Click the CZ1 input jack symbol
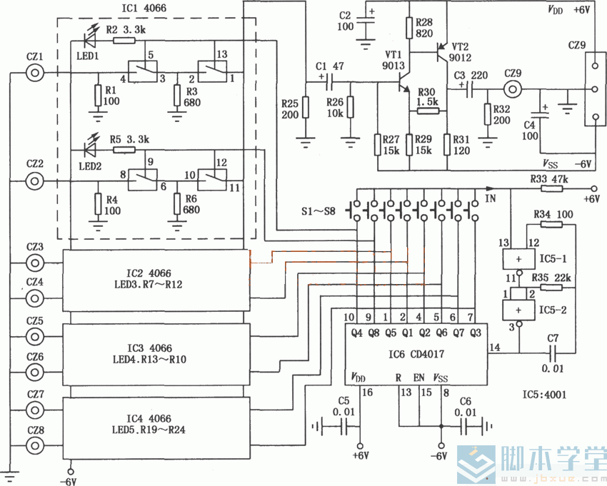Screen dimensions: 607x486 point(35,72)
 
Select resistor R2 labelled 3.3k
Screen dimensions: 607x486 point(124,40)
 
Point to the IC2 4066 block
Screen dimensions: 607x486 point(156,280)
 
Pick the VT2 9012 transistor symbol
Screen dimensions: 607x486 point(443,51)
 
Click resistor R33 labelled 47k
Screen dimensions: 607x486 point(551,189)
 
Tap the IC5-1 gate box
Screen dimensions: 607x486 point(518,259)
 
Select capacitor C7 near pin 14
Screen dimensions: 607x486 point(553,353)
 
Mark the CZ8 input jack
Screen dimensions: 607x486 point(35,446)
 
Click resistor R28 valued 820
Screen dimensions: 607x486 point(410,28)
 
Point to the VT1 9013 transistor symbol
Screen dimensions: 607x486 point(403,82)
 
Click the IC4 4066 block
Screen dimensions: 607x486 point(156,428)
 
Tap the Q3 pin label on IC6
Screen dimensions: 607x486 point(475,333)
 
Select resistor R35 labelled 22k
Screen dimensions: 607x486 point(551,287)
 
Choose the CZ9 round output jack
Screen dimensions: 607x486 point(513,89)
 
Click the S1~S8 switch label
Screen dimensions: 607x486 point(318,211)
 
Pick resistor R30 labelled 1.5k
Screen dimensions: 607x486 point(428,111)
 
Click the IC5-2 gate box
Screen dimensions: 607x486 point(518,310)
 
